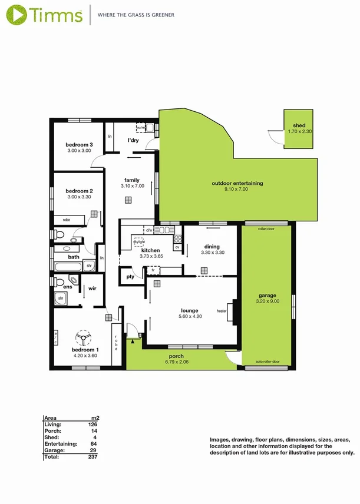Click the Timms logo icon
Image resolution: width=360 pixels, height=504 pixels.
coord(16,14)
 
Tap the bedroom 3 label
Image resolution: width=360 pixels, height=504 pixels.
coord(79,145)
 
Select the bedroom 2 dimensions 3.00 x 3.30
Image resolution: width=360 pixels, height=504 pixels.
coord(79,197)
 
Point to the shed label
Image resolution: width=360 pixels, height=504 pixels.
coord(299,125)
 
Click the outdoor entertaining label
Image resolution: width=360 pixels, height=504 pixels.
coord(237,183)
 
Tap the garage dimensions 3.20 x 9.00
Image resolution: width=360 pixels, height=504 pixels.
coord(267,301)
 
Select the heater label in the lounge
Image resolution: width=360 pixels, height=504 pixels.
coord(222,311)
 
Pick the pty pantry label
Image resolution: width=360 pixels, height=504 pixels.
coord(130,276)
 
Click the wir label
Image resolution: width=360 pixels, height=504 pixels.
coord(93,289)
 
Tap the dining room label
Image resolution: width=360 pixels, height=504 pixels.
coord(212,247)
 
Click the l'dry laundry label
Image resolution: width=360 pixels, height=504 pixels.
coord(133,141)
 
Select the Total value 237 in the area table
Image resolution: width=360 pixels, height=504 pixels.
coord(93,456)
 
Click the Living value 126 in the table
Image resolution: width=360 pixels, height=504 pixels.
coord(93,424)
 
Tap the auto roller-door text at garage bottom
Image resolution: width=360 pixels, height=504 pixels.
coord(267,362)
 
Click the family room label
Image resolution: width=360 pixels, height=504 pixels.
coord(131,180)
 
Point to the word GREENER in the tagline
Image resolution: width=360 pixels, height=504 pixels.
coord(163,15)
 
